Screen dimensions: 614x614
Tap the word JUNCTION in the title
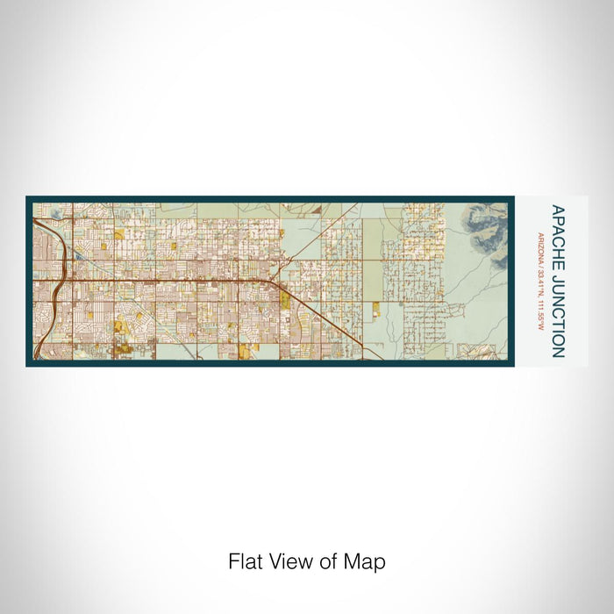click(x=557, y=303)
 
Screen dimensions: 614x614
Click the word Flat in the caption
click(x=243, y=561)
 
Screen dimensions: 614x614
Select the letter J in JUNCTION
click(x=557, y=271)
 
